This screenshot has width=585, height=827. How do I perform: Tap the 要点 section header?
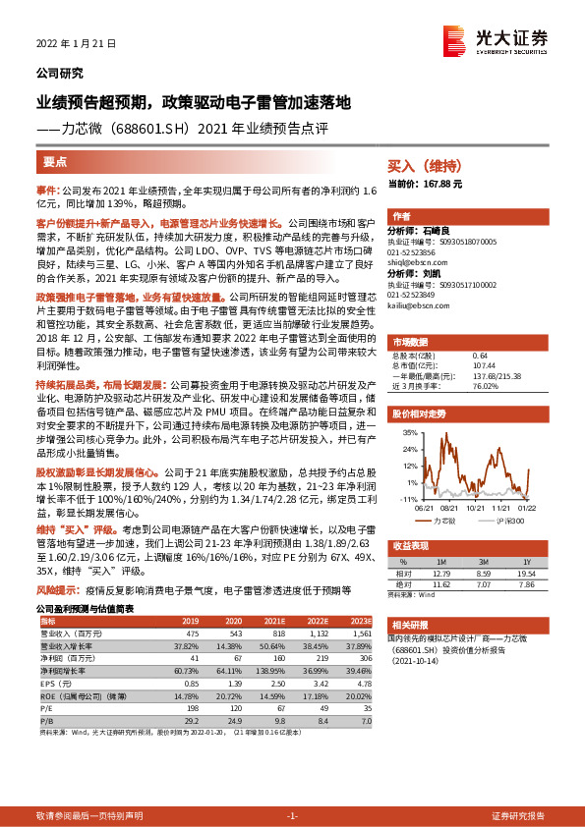coord(55,162)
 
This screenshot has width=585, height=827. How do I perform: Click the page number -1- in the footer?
coord(292,816)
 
